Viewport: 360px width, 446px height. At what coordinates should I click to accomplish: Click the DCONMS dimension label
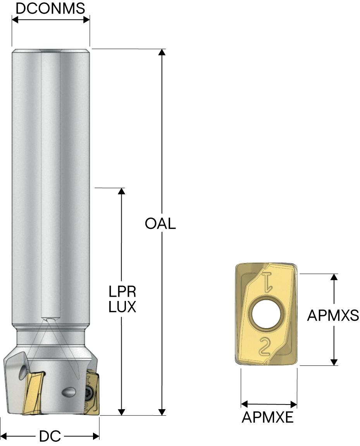point(50,8)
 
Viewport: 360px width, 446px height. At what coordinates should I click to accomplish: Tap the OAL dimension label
point(160,224)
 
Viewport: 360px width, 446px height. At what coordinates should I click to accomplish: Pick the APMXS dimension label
point(333,316)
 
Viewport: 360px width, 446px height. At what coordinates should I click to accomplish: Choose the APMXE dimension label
point(268,417)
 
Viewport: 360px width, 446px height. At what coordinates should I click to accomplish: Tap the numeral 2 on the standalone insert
point(266,346)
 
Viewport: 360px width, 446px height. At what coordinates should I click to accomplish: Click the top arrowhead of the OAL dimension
point(162,53)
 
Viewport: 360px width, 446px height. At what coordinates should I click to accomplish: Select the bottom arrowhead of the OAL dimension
point(162,412)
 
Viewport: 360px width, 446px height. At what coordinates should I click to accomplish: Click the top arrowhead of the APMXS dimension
point(334,277)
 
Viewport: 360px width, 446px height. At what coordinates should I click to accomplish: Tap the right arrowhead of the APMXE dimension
point(293,404)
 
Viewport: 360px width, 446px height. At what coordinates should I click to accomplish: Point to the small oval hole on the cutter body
point(69,392)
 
